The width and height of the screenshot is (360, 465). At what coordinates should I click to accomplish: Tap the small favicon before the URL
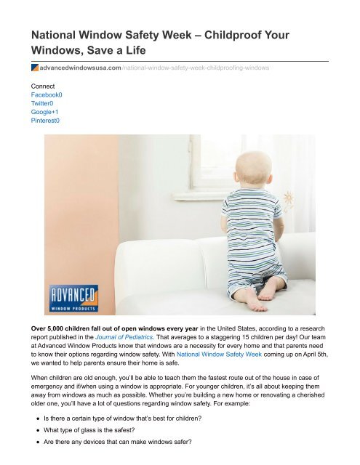click(34, 67)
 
